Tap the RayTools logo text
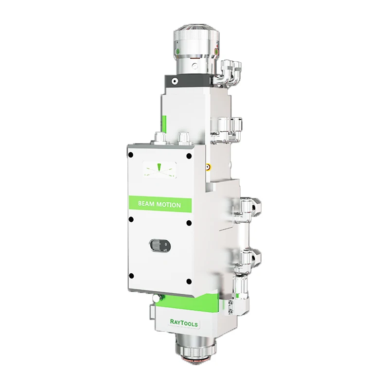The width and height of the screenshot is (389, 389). point(184,323)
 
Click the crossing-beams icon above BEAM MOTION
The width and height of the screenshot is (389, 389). point(159,170)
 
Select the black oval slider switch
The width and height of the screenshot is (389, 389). point(160,246)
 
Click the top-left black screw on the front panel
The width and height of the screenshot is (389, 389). point(130,155)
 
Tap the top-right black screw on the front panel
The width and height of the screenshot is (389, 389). point(189,156)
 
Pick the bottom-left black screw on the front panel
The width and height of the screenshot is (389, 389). point(131,276)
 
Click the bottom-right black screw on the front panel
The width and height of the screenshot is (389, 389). point(189,282)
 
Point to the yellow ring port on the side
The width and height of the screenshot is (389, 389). point(208,167)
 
